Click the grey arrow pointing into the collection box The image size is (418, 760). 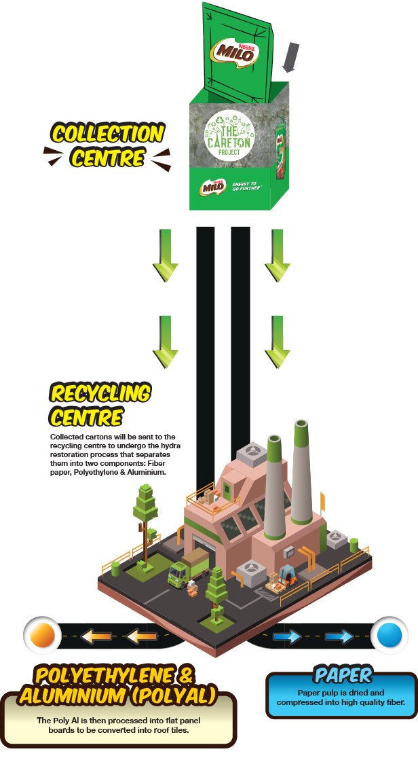point(290,57)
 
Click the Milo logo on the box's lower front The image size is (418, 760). point(212,187)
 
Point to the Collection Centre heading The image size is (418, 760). point(107,145)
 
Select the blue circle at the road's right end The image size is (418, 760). point(389,635)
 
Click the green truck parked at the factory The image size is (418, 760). point(189,568)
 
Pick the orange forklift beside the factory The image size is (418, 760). point(288,575)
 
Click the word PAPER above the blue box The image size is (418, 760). point(343,674)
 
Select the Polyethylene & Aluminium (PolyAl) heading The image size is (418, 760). point(117,686)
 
